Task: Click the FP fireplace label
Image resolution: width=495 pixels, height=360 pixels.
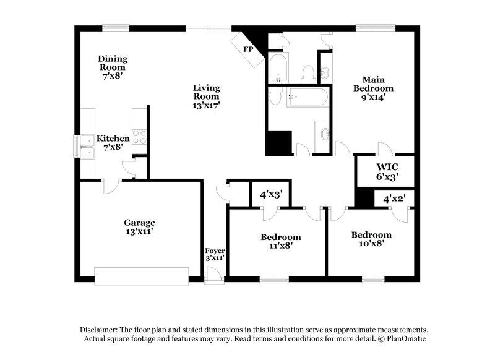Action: (248, 48)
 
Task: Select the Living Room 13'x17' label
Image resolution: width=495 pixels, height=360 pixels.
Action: (206, 96)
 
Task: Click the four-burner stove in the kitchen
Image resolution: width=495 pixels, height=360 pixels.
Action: (140, 137)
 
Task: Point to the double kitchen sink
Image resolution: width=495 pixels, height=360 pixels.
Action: (85, 146)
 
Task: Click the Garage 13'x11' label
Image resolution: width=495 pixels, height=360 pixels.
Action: (139, 226)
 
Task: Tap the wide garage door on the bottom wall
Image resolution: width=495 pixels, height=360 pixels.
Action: (142, 276)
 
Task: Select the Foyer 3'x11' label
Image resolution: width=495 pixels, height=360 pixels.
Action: (215, 254)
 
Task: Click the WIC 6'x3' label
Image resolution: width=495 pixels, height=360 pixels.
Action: (387, 171)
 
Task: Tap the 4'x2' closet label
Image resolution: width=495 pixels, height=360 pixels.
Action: (394, 199)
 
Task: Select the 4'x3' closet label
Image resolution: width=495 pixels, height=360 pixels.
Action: (271, 194)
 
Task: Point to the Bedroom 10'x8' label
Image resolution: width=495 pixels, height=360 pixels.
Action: (371, 239)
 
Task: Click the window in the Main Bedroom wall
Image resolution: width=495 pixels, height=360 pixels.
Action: (369, 27)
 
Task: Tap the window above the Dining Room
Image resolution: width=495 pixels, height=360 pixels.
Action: (116, 27)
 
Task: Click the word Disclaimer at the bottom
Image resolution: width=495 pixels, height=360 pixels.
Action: (101, 330)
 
